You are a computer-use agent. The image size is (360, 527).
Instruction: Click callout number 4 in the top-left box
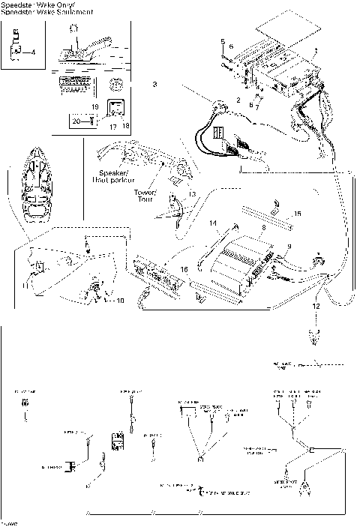click(31, 52)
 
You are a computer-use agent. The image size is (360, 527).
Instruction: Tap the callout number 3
click(154, 84)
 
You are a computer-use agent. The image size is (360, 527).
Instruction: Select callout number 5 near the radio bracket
click(223, 39)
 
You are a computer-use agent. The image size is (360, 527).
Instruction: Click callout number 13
click(193, 194)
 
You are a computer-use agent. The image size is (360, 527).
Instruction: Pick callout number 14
click(212, 223)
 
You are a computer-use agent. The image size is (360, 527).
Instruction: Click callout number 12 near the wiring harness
click(316, 306)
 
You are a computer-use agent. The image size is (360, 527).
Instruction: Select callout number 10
click(121, 301)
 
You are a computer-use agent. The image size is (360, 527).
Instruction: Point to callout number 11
click(25, 286)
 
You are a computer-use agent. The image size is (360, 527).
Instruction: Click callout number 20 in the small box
click(75, 121)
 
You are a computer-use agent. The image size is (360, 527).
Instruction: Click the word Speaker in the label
click(112, 172)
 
